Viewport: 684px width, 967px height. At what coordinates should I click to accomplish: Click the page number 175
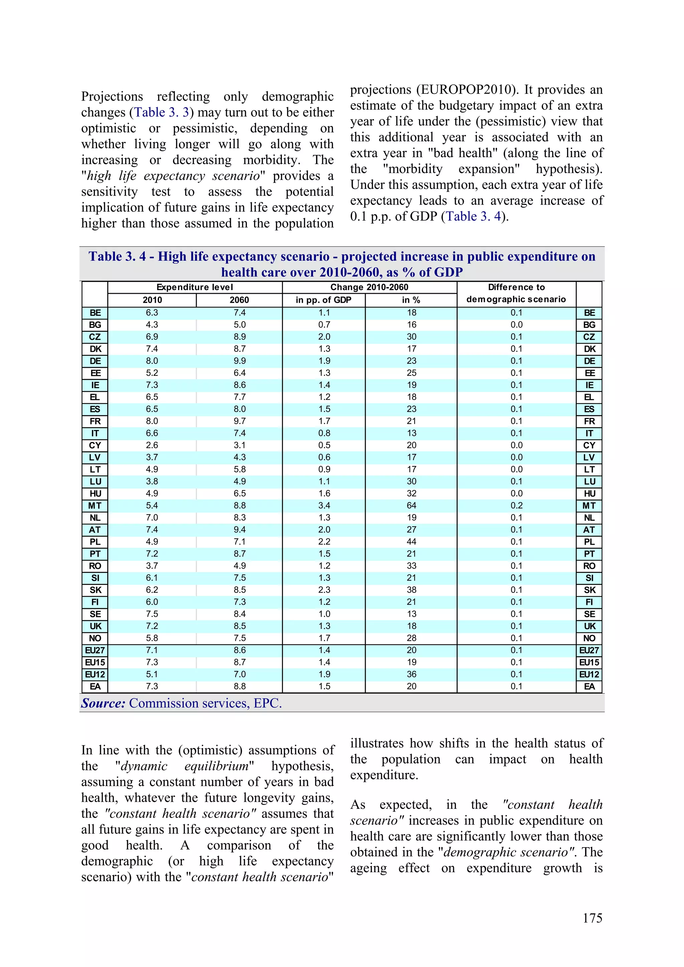click(592, 918)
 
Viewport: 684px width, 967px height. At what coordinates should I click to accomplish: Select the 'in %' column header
click(411, 300)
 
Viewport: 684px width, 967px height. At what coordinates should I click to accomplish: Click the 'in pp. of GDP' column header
click(324, 300)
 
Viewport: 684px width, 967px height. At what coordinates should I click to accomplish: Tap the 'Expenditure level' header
click(195, 287)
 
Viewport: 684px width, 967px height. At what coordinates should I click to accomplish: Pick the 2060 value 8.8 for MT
click(239, 505)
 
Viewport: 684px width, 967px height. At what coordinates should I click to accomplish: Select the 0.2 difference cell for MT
click(516, 505)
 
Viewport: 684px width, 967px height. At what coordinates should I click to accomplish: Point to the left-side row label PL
click(95, 542)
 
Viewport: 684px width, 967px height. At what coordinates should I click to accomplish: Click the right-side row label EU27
click(589, 650)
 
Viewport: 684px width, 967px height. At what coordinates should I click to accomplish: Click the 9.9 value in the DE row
click(239, 361)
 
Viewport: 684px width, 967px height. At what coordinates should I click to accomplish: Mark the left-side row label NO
click(95, 638)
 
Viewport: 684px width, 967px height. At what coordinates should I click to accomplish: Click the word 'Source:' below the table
click(103, 703)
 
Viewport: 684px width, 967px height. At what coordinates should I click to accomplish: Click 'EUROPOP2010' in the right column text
click(466, 90)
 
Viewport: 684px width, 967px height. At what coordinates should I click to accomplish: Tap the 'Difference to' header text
click(516, 287)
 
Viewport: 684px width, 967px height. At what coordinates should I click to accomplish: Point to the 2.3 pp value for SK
click(324, 589)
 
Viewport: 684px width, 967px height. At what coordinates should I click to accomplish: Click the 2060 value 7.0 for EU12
click(239, 674)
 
